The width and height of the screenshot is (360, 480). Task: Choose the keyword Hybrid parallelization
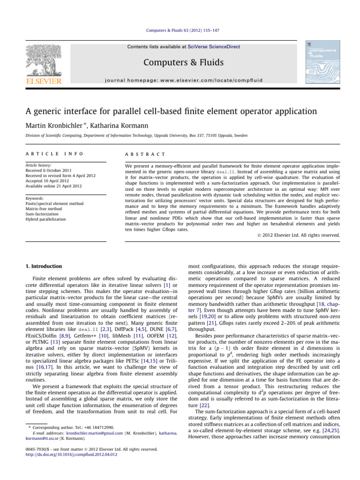click(x=42, y=219)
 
